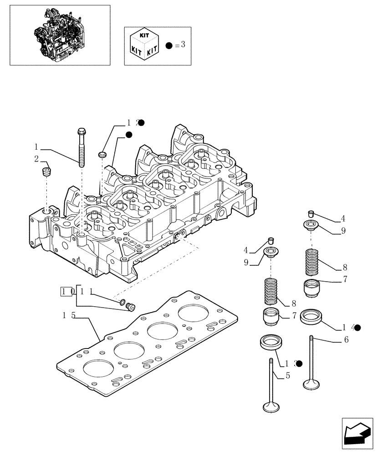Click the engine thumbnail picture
coord(60,35)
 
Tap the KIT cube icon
coord(143,45)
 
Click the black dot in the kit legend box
coord(169,46)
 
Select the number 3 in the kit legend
coord(183,45)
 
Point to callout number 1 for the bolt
coord(36,147)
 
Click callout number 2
coord(36,158)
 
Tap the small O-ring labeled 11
coord(122,301)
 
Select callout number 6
coord(346,340)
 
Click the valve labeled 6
coord(311,364)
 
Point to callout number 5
coord(287,376)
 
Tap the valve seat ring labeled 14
coord(311,317)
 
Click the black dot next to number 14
coord(357,327)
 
